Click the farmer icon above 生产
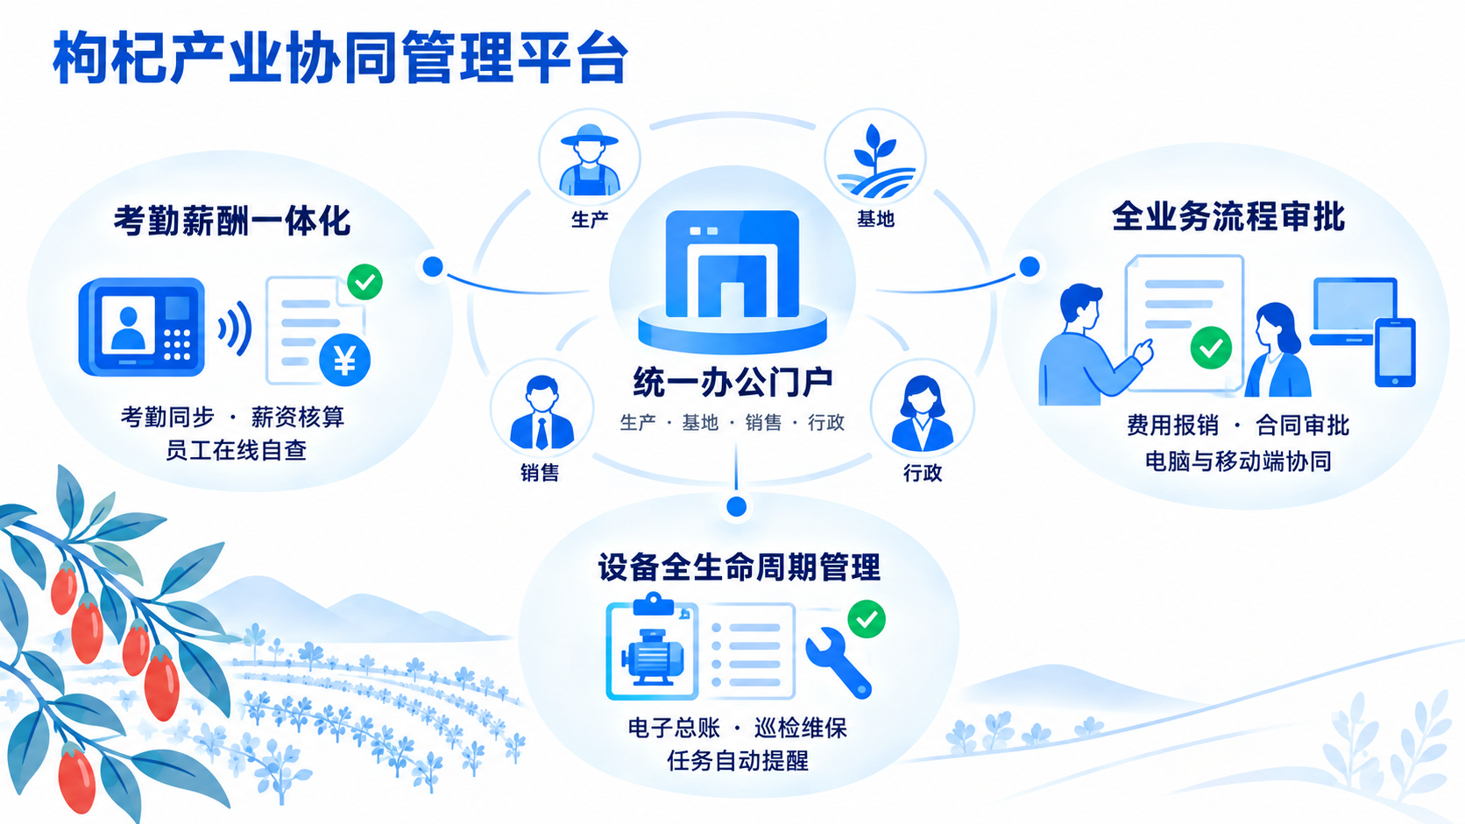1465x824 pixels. coord(590,160)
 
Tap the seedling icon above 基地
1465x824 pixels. coord(875,161)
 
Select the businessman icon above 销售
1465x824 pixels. coord(541,413)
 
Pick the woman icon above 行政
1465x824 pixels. coord(922,413)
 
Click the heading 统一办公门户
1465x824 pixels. coord(732,383)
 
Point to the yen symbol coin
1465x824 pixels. coord(344,360)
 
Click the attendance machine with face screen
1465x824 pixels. coord(141,327)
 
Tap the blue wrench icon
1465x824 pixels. coord(838,663)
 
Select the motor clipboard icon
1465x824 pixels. coord(652,647)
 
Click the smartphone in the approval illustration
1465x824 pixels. coord(1395,352)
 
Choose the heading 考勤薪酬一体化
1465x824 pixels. coord(232,221)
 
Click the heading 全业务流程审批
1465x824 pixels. coord(1228,216)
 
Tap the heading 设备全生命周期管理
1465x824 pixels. coord(739,567)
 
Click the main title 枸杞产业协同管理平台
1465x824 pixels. coord(341,58)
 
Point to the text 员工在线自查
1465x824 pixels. coord(236,450)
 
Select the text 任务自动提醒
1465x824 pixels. coord(738,761)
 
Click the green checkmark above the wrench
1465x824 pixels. coord(867,619)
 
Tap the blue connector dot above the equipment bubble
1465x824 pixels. coord(736,506)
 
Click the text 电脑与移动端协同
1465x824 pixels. coord(1238,461)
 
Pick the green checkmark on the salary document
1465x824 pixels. coord(365,282)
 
